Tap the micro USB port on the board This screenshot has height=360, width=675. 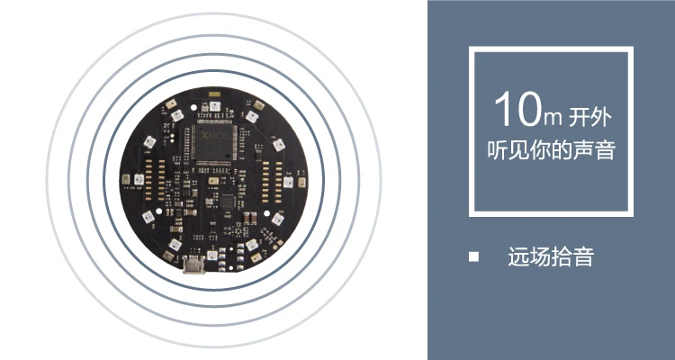pos(192,264)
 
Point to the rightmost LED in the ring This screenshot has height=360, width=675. pos(289,181)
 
